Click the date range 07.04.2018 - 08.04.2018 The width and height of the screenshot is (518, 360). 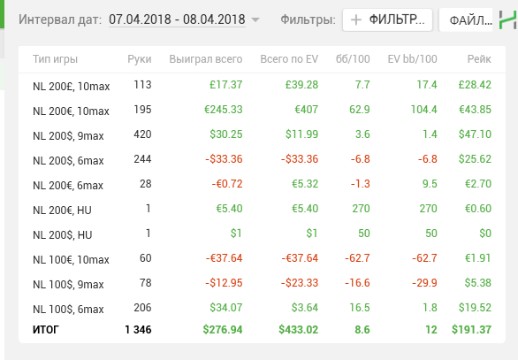click(x=177, y=19)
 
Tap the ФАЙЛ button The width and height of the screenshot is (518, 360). click(x=466, y=20)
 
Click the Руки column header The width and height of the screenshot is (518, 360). click(x=140, y=59)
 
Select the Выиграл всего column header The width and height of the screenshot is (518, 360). click(x=206, y=59)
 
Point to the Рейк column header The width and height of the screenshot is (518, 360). click(x=479, y=59)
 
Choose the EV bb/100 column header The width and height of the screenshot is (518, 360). click(x=412, y=59)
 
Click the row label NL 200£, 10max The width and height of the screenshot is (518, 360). click(x=72, y=87)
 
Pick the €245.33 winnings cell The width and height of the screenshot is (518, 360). click(x=224, y=110)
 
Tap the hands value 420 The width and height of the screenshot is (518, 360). click(x=142, y=134)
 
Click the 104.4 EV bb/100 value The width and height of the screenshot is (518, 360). click(x=423, y=110)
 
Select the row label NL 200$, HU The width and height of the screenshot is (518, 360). click(x=63, y=235)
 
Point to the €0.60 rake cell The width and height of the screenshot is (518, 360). click(x=478, y=209)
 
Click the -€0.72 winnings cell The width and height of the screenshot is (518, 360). click(x=227, y=184)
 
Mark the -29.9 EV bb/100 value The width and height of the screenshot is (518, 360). click(x=424, y=283)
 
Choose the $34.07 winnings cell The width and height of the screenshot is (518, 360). click(x=226, y=308)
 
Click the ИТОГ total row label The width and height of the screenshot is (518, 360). click(x=46, y=330)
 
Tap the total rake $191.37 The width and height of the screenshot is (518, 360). click(x=471, y=330)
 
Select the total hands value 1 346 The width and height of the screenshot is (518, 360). click(x=138, y=330)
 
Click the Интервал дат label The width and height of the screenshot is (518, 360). click(x=60, y=19)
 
